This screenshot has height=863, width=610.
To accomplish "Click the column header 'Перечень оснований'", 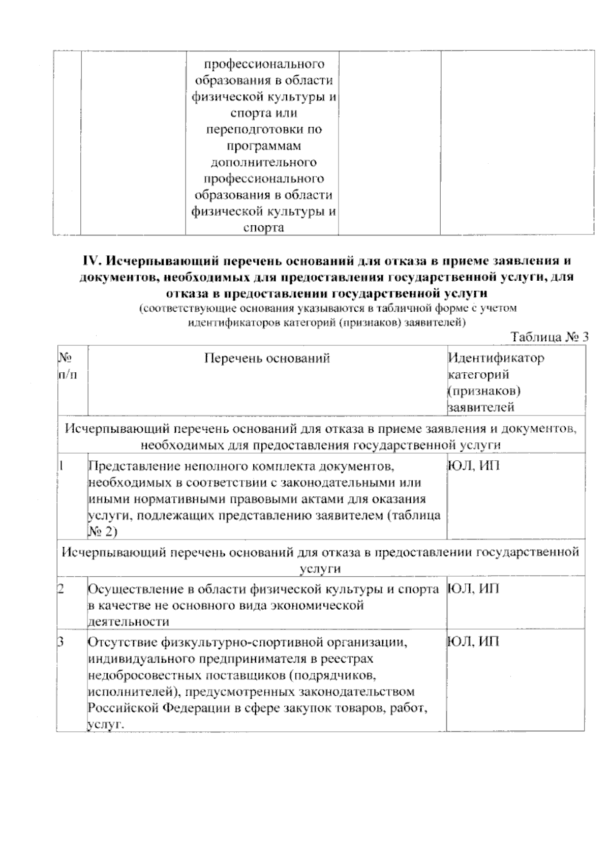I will pyautogui.click(x=267, y=359).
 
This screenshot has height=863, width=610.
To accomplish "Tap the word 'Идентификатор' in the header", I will pyautogui.click(x=496, y=358).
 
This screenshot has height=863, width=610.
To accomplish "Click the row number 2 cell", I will pyautogui.click(x=62, y=589).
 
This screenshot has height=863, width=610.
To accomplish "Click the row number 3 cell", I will pyautogui.click(x=62, y=642).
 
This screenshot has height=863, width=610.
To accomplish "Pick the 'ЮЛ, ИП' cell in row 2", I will pyautogui.click(x=474, y=589).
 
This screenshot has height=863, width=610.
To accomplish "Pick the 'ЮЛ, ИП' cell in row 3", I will pyautogui.click(x=474, y=642).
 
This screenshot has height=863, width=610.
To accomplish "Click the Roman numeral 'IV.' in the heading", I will pyautogui.click(x=93, y=261).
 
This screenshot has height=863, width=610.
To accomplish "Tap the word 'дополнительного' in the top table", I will pyautogui.click(x=263, y=162).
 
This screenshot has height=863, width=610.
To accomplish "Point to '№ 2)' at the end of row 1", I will pyautogui.click(x=102, y=531).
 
